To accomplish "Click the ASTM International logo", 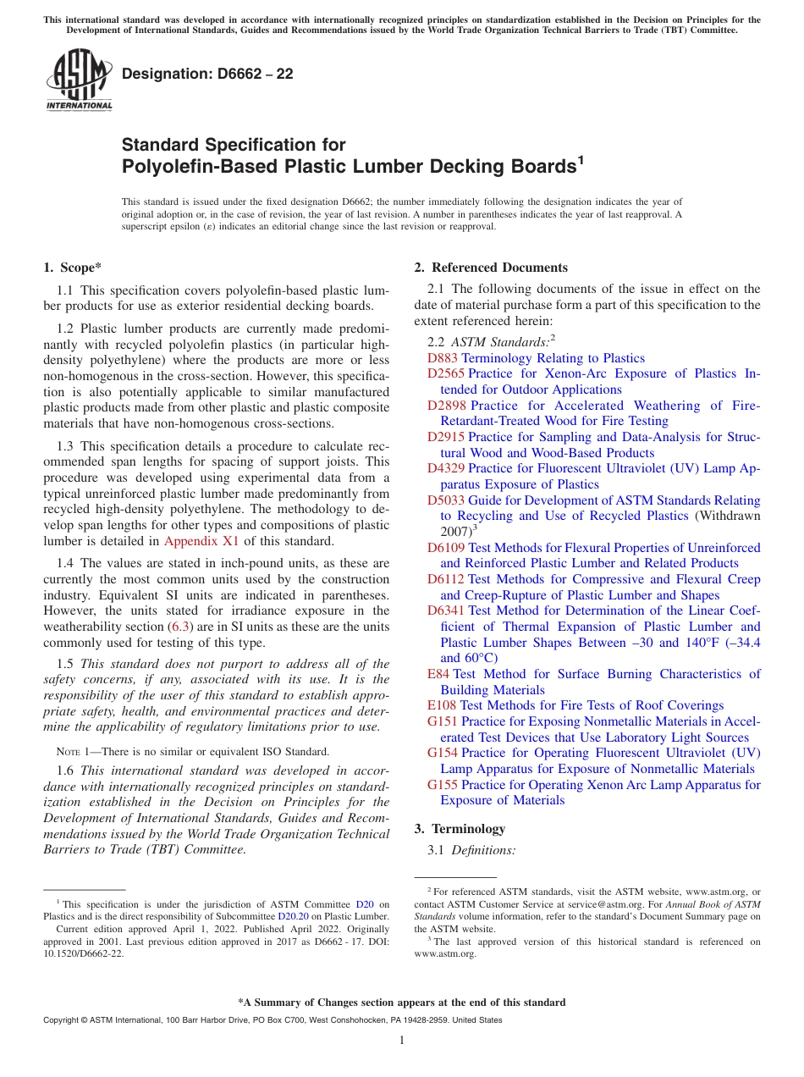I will [79, 80].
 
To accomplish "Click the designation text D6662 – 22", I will [207, 74].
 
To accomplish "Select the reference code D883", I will [443, 358].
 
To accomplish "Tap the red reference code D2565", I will [446, 373].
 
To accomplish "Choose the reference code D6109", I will [446, 548].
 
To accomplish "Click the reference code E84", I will [438, 674].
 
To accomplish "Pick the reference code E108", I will [442, 705].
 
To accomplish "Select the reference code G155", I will [443, 785].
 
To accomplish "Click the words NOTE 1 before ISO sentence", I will [71, 751].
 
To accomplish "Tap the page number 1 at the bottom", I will [402, 1040].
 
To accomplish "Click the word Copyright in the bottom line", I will [61, 1020].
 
